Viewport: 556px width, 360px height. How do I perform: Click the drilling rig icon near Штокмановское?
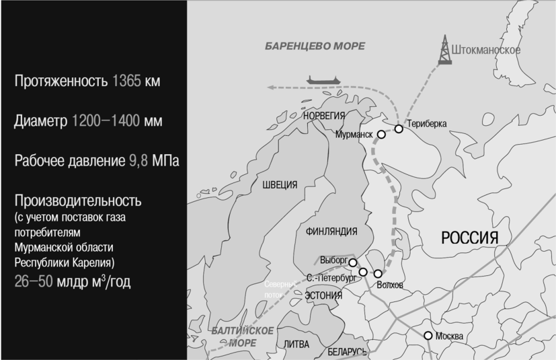[444, 50]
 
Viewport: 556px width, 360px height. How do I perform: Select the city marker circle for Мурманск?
[381, 134]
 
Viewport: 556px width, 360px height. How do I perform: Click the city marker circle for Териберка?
[399, 128]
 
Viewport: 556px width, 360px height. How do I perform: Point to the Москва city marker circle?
[428, 335]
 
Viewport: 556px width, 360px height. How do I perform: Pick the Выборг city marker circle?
[352, 262]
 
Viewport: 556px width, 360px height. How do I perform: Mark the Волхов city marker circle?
[378, 274]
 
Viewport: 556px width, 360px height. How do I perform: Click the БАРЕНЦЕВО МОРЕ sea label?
[315, 46]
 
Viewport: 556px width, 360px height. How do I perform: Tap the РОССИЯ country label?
[469, 238]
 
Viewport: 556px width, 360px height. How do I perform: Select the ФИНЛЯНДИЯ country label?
[331, 231]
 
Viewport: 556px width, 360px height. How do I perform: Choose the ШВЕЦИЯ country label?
[280, 185]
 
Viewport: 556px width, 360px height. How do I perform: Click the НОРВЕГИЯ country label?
[324, 116]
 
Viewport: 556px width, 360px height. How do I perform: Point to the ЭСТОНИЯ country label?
[323, 295]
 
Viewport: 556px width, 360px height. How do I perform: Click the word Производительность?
[78, 201]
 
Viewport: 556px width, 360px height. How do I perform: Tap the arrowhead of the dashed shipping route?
[268, 87]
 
